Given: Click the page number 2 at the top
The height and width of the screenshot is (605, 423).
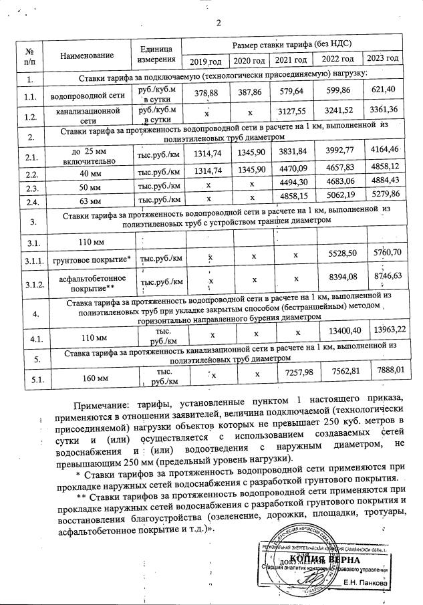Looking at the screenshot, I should [x=218, y=24].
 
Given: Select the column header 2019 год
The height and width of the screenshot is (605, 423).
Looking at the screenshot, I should [x=206, y=62].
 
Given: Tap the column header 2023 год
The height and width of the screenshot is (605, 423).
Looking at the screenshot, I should [x=384, y=59].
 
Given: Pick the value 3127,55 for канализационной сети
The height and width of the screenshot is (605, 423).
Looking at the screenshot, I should [x=291, y=112].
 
